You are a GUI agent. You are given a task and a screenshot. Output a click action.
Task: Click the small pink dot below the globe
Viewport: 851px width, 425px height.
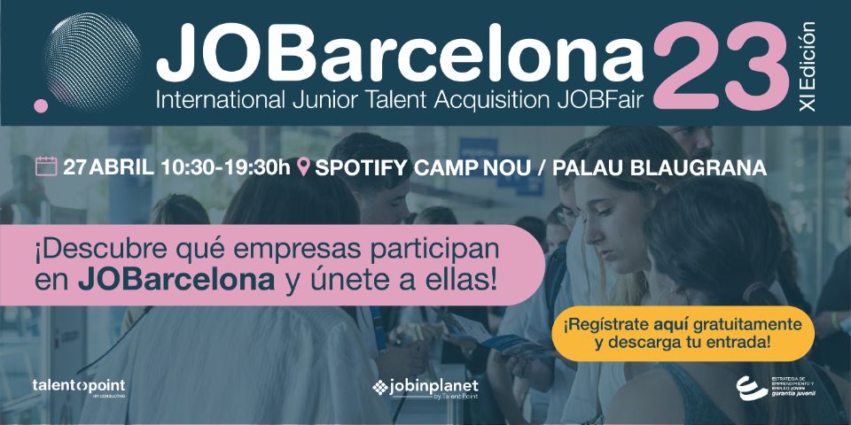point(40,105)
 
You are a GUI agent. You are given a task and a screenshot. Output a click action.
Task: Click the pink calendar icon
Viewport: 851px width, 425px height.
point(45,166)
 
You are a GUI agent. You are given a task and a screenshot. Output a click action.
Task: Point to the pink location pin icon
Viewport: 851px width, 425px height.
point(306,167)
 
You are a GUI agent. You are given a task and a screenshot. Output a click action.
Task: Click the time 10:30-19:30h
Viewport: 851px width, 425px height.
point(226,167)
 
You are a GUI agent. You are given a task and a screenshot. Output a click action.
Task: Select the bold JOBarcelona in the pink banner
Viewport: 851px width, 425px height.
point(176,281)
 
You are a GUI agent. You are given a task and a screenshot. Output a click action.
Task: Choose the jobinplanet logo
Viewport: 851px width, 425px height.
point(425,388)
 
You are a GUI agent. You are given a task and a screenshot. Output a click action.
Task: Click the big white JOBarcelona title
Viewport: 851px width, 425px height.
point(399,51)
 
